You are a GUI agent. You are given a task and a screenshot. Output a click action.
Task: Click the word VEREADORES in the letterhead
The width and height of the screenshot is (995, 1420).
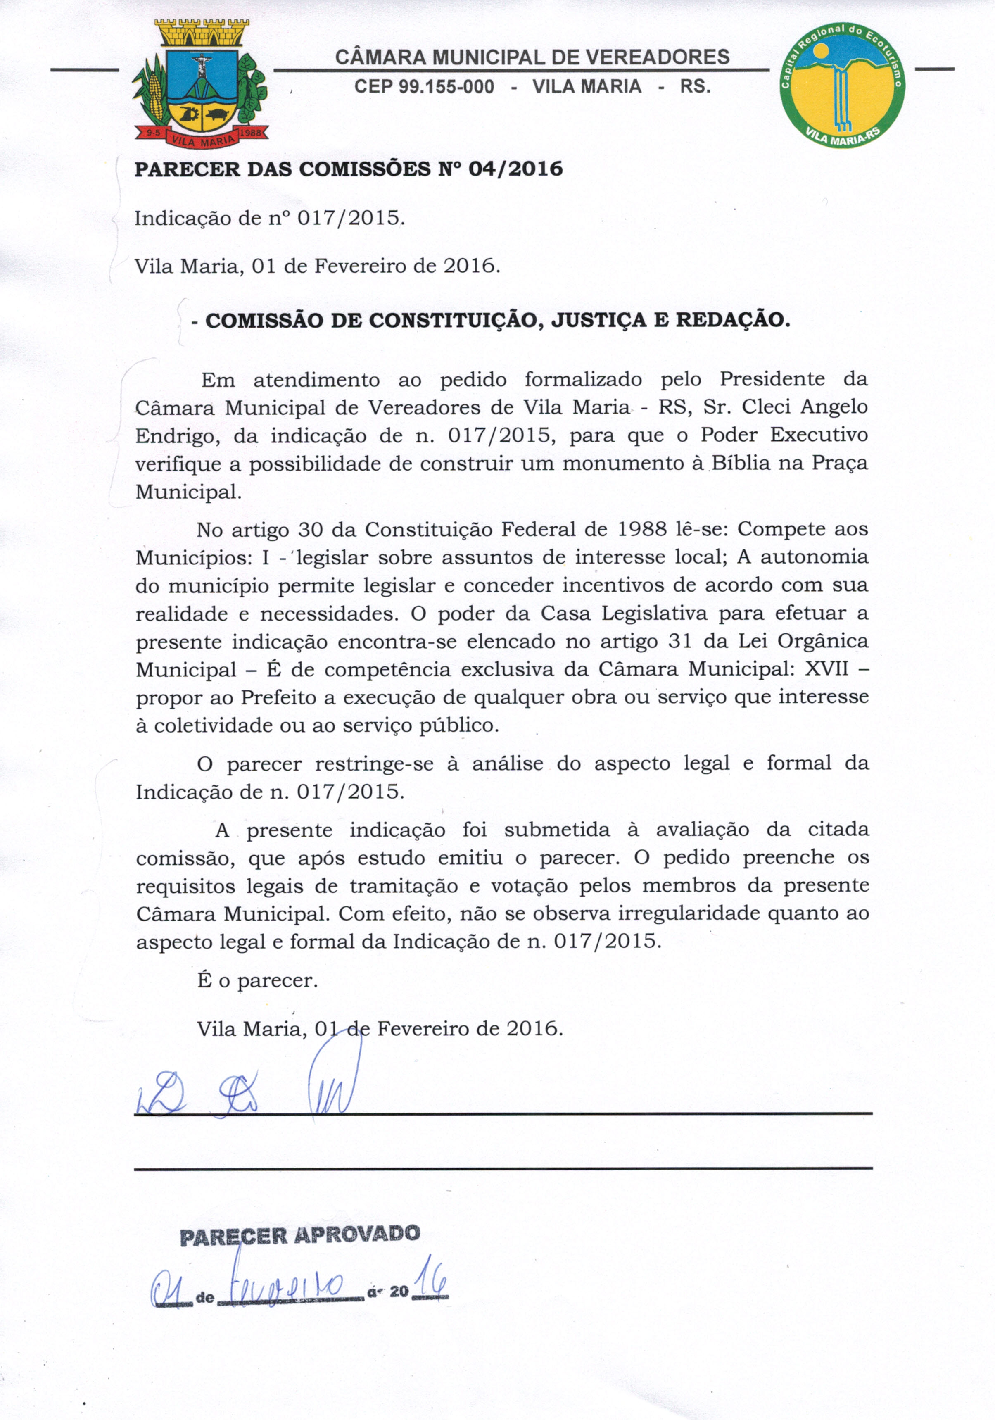(658, 57)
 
